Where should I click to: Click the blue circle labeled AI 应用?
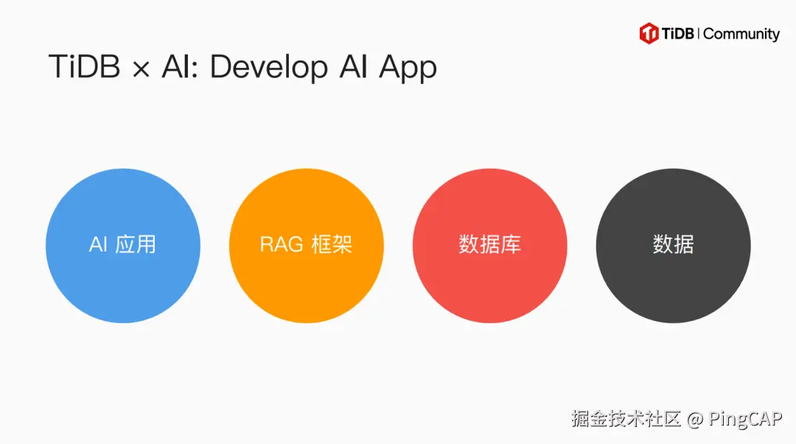[123, 245]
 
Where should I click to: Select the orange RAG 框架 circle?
[307, 245]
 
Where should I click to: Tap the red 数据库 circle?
[490, 245]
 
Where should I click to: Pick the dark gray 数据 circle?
[674, 245]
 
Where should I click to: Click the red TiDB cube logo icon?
[649, 33]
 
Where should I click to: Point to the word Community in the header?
[741, 34]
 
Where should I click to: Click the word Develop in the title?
[268, 68]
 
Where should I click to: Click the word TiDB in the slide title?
[83, 67]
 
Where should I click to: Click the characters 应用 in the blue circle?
[136, 245]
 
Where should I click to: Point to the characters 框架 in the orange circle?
[332, 245]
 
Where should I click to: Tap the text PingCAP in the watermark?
[745, 420]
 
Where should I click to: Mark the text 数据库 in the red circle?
[490, 245]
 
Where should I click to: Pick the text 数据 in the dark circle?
[674, 245]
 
